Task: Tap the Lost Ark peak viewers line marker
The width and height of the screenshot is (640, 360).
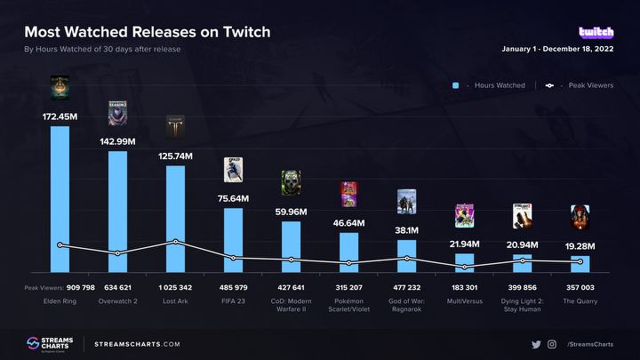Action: pyautogui.click(x=175, y=241)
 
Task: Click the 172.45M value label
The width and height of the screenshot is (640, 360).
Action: pyautogui.click(x=60, y=116)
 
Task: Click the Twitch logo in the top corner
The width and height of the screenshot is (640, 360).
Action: pyautogui.click(x=596, y=32)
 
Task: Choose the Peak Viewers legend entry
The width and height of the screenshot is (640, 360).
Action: pyautogui.click(x=579, y=85)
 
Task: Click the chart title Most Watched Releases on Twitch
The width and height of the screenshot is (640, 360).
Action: pyautogui.click(x=148, y=32)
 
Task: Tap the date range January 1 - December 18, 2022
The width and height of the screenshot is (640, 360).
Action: pyautogui.click(x=557, y=49)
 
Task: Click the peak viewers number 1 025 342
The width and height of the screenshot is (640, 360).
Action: pyautogui.click(x=175, y=288)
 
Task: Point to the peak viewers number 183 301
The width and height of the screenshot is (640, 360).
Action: pyautogui.click(x=464, y=288)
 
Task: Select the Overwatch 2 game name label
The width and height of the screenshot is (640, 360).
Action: pyautogui.click(x=117, y=302)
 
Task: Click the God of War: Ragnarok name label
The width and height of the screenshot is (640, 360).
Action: pyautogui.click(x=406, y=307)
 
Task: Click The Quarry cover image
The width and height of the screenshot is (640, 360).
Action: pyautogui.click(x=580, y=217)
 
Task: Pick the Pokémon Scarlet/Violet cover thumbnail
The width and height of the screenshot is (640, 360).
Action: pyautogui.click(x=348, y=194)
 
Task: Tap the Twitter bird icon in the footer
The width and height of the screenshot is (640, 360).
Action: pyautogui.click(x=536, y=344)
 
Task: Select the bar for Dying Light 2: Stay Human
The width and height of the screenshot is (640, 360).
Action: pyautogui.click(x=522, y=262)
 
